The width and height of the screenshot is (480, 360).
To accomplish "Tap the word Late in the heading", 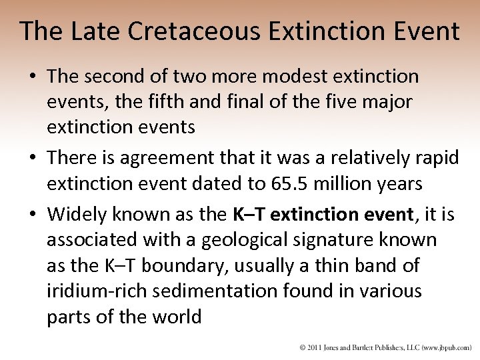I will tap(85, 31).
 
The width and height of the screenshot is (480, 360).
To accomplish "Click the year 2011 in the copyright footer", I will tap(313, 347).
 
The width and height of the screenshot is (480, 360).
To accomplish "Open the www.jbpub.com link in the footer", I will tap(445, 347).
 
